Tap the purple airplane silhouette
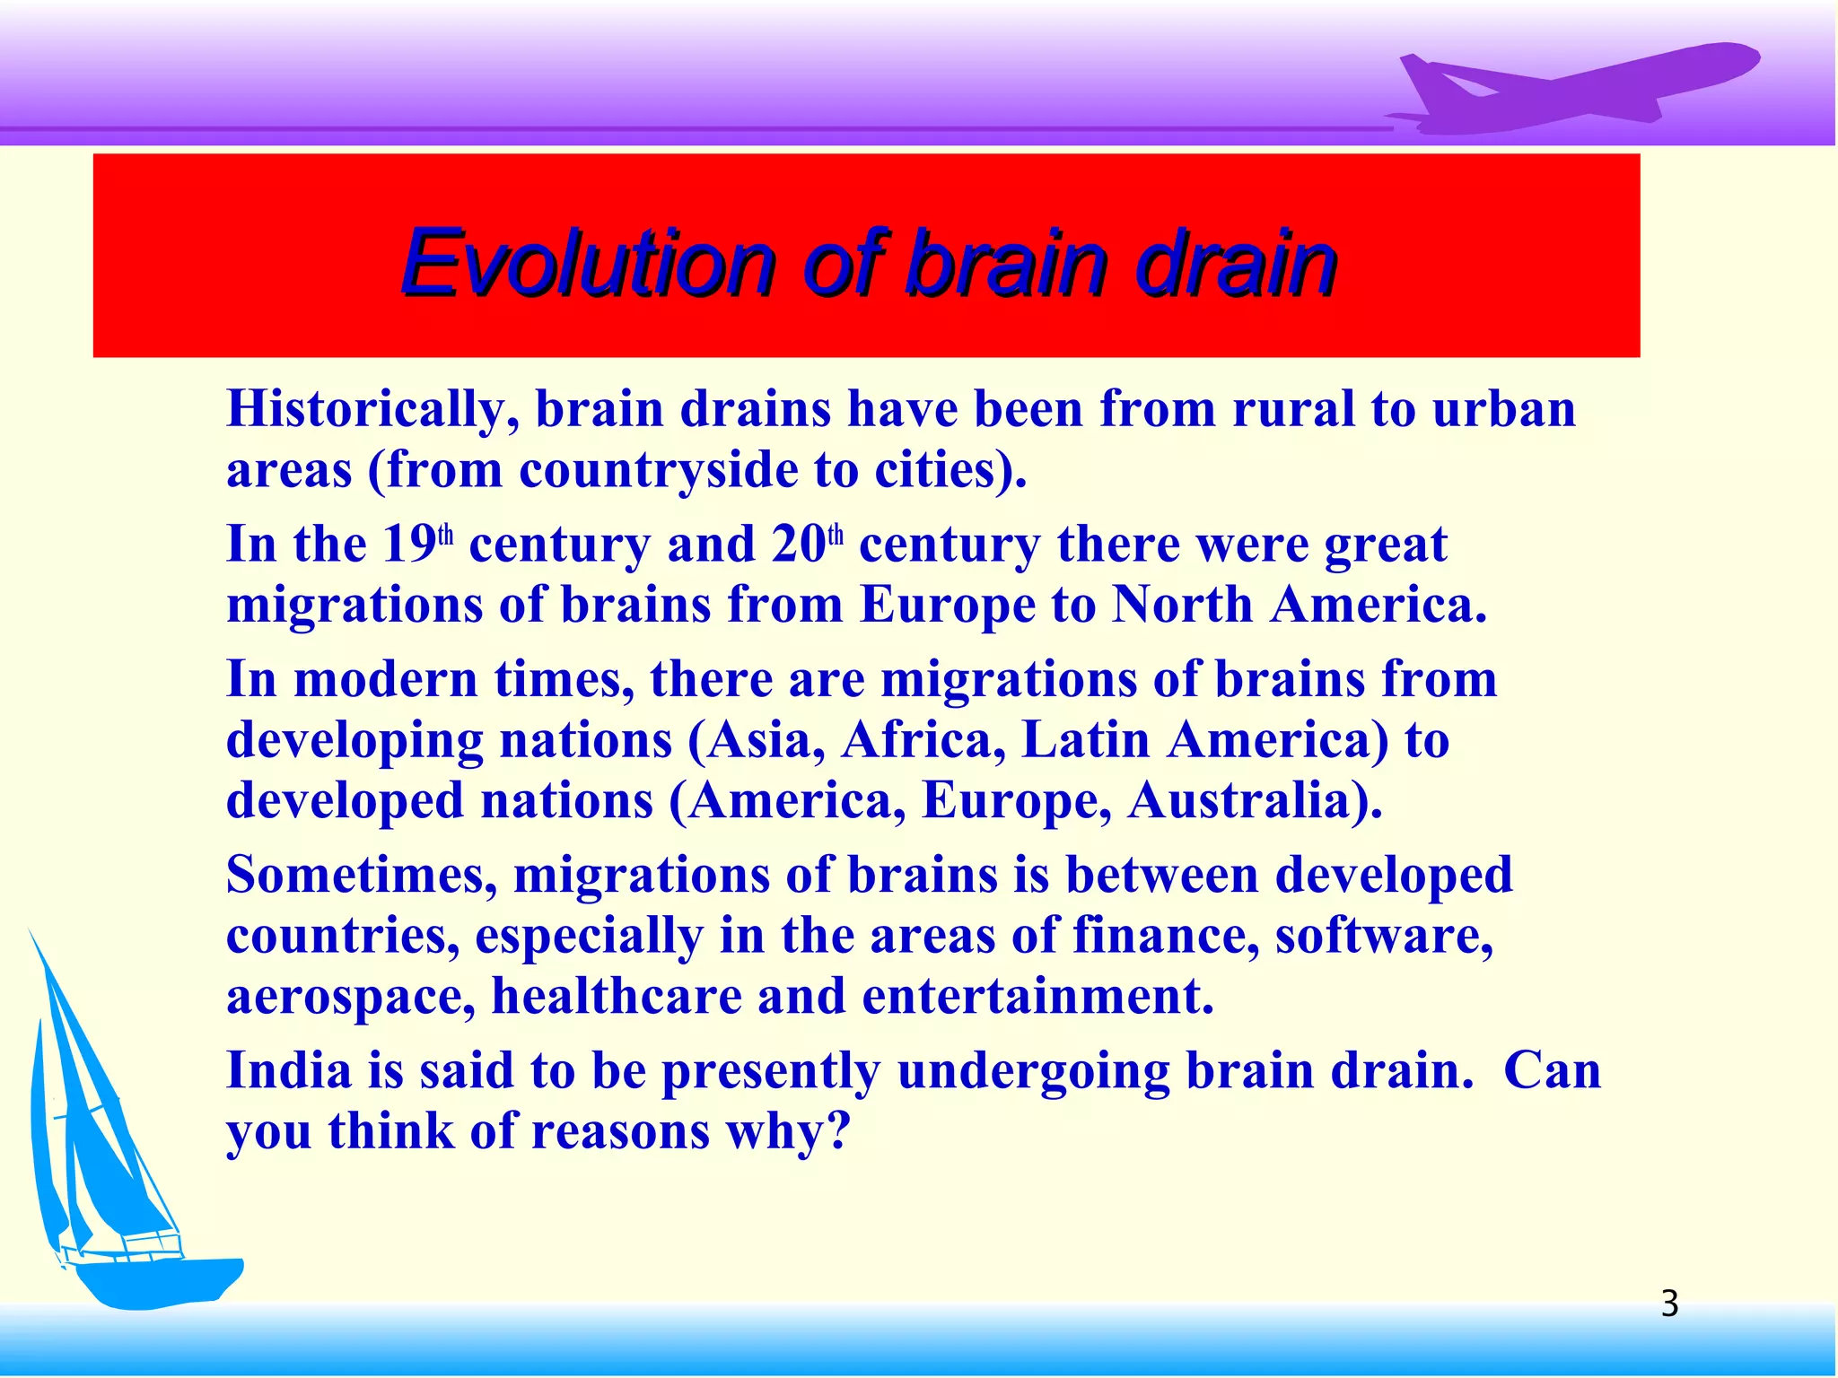[x=1571, y=90]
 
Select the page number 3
[x=1669, y=1304]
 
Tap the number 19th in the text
[x=418, y=544]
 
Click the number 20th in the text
[x=807, y=544]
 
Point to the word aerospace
[x=351, y=998]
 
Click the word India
[x=288, y=1071]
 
